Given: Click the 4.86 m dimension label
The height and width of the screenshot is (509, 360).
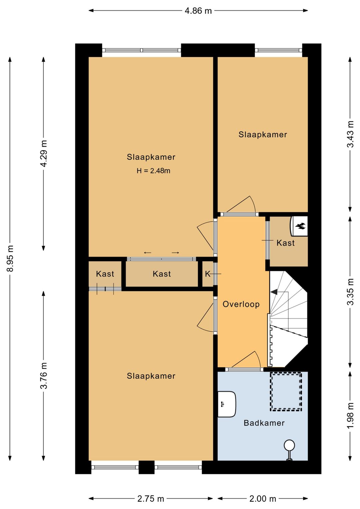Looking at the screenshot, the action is click(x=198, y=11).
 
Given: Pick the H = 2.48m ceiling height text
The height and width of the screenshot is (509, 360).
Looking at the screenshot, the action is click(x=153, y=171).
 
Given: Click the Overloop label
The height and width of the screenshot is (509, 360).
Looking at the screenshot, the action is click(x=241, y=304).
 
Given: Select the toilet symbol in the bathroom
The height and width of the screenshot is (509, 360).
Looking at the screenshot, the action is click(x=289, y=450).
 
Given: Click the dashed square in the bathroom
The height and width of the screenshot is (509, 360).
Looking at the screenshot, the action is click(x=286, y=392).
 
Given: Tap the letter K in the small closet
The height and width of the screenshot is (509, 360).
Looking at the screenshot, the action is click(x=208, y=274).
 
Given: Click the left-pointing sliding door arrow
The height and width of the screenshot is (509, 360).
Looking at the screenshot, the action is click(x=148, y=253).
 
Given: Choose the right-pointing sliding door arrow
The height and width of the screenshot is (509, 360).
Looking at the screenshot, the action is click(x=175, y=253).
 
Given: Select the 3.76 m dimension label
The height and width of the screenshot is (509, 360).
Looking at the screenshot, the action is click(x=44, y=376).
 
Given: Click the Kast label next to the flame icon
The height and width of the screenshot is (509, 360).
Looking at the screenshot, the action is click(x=286, y=243).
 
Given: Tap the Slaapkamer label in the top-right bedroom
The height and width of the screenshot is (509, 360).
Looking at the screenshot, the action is click(x=263, y=134).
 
